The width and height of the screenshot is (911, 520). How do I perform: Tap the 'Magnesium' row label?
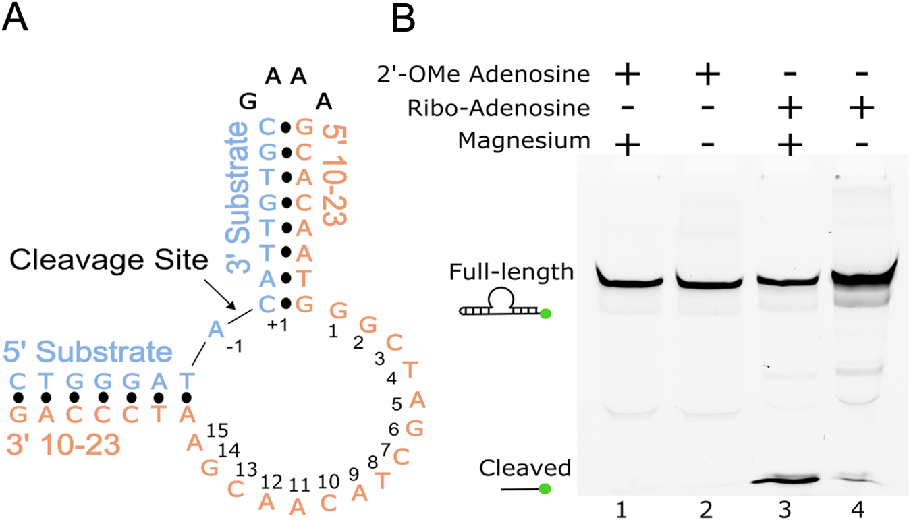point(524,141)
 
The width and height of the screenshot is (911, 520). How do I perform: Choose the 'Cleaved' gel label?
point(525,467)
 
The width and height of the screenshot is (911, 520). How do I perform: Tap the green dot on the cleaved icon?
point(544,488)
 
